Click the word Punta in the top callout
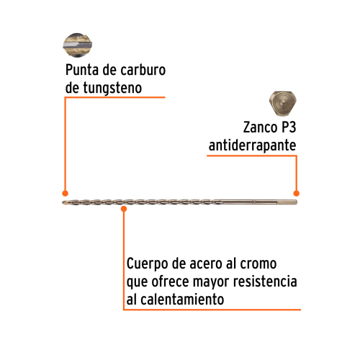[82, 70]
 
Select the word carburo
[143, 70]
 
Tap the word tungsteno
[112, 89]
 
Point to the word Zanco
[261, 127]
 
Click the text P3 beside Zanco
[289, 127]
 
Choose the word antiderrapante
[252, 145]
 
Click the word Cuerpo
[148, 264]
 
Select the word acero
[206, 264]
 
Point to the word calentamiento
[182, 300]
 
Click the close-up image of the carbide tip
[77, 45]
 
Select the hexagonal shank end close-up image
[283, 103]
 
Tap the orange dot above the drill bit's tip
[65, 193]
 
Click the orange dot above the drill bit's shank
[297, 193]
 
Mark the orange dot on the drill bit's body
[124, 209]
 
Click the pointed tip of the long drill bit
[63, 203]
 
